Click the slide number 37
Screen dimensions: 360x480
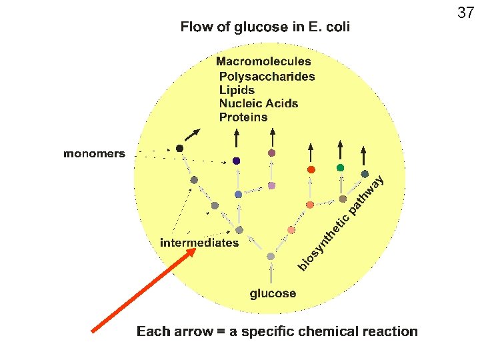(x=465, y=12)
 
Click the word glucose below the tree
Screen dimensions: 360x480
(x=273, y=293)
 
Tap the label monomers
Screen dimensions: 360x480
(x=94, y=154)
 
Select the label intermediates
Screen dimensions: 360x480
(x=199, y=243)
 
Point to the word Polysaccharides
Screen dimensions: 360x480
(x=267, y=77)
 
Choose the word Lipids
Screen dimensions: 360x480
(x=237, y=90)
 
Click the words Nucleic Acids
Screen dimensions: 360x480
(x=258, y=103)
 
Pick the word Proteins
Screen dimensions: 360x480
(x=243, y=117)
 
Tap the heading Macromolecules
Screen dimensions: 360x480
(x=263, y=62)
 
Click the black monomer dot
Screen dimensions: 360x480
(x=179, y=148)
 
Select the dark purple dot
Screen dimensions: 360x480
(x=237, y=161)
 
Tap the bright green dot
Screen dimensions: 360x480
(x=340, y=167)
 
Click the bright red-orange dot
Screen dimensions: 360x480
(x=311, y=169)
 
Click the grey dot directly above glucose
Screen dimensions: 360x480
(x=271, y=257)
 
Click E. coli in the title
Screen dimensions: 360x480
(x=326, y=27)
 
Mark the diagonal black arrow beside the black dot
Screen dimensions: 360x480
(x=192, y=135)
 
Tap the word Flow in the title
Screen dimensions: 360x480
(x=195, y=27)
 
